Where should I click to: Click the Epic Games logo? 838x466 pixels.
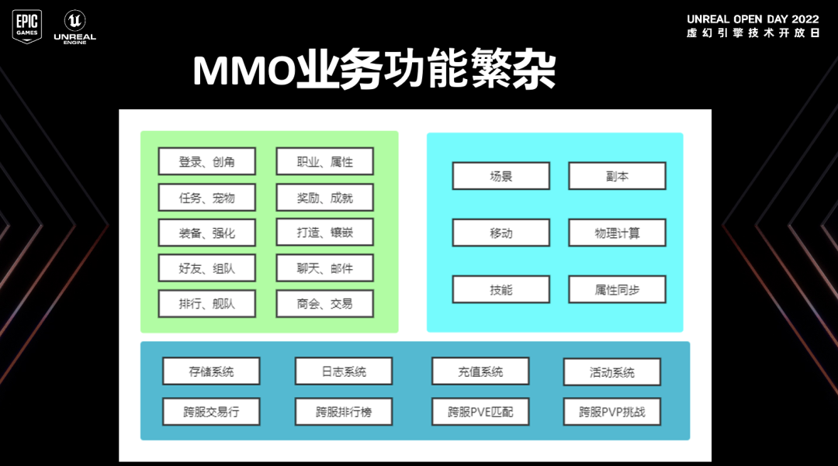26,26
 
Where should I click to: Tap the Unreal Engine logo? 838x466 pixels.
74,26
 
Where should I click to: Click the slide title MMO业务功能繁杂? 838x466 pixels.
374,72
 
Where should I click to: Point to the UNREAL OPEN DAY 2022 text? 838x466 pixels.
753,19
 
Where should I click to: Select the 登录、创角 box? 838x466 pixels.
206,162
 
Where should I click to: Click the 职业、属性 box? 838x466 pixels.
324,162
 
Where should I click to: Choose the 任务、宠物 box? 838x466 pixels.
206,198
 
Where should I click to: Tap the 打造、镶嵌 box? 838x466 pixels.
324,233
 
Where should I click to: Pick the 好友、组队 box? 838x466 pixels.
206,268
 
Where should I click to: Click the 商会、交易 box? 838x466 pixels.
324,303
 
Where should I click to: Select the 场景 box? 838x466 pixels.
500,176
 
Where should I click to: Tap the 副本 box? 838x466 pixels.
617,176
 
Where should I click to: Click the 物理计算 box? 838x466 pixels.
617,233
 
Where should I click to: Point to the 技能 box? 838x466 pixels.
500,289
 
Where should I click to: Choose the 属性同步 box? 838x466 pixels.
617,289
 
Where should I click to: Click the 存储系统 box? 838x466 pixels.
211,371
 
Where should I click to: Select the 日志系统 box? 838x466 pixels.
344,371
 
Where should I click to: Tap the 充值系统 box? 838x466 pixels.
480,371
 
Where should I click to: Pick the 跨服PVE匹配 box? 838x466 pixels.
480,412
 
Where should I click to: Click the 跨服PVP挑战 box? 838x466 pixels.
611,412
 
